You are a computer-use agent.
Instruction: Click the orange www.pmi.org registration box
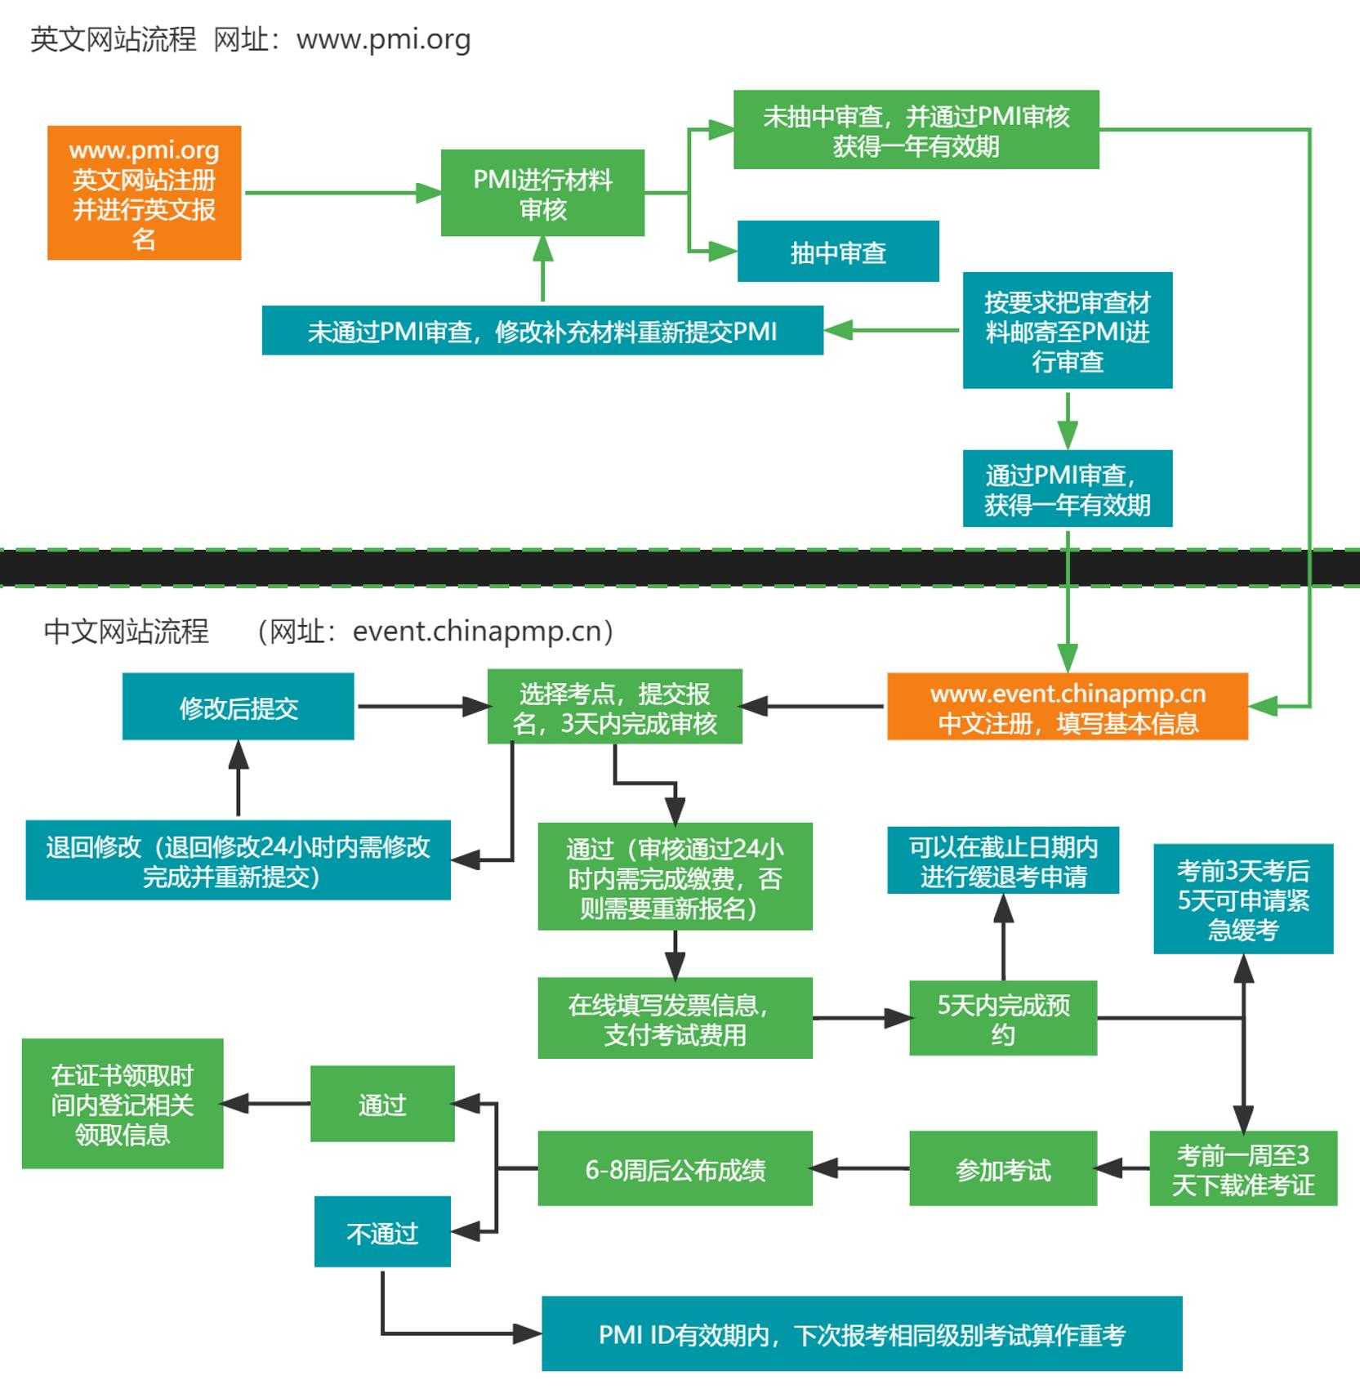[144, 193]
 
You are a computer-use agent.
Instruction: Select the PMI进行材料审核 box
[542, 193]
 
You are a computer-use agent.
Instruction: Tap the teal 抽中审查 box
[838, 252]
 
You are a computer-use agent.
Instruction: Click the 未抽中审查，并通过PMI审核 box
[916, 130]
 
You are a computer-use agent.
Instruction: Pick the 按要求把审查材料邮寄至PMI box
[1067, 330]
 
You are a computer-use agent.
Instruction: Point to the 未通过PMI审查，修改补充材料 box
[542, 330]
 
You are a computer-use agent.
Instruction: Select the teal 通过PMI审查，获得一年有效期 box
[1067, 489]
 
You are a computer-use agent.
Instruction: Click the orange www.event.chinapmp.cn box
[1067, 707]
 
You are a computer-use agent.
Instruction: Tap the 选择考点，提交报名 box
[614, 707]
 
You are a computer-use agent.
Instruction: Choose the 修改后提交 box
[238, 707]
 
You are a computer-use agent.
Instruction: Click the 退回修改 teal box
[238, 860]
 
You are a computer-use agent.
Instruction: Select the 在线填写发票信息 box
[675, 1018]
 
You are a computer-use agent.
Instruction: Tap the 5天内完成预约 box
[1002, 1018]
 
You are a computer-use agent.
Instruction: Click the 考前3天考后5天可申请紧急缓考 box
[1242, 899]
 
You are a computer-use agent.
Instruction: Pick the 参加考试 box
[1002, 1168]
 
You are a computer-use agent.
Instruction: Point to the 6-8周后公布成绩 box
[675, 1168]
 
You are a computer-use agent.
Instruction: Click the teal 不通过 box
[382, 1231]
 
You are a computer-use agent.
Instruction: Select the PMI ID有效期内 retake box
[862, 1333]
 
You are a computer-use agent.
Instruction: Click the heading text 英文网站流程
[114, 39]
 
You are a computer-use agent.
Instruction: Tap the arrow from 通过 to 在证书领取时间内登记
[266, 1104]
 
